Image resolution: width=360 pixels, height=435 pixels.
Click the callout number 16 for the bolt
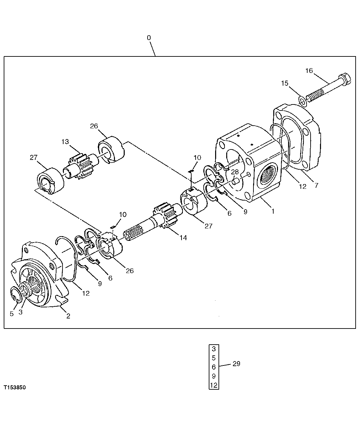pos(309,71)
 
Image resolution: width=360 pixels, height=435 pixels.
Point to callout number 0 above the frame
pos(149,38)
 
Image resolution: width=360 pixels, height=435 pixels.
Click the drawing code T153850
pos(15,387)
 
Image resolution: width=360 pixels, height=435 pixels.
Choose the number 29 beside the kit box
pos(236,364)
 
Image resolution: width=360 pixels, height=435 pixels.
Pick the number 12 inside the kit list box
pos(214,385)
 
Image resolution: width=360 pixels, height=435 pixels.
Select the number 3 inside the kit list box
pos(214,349)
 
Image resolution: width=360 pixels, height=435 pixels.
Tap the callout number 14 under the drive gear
pos(183,238)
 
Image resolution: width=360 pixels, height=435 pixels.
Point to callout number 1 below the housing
pos(273,212)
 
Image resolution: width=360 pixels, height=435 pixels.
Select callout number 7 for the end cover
pos(316,185)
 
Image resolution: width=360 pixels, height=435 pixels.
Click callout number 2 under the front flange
pos(68,316)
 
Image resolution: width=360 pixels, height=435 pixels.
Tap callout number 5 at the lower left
pos(12,314)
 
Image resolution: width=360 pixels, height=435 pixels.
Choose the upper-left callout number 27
pos(33,158)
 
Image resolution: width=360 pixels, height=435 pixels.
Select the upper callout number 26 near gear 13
pos(94,126)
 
